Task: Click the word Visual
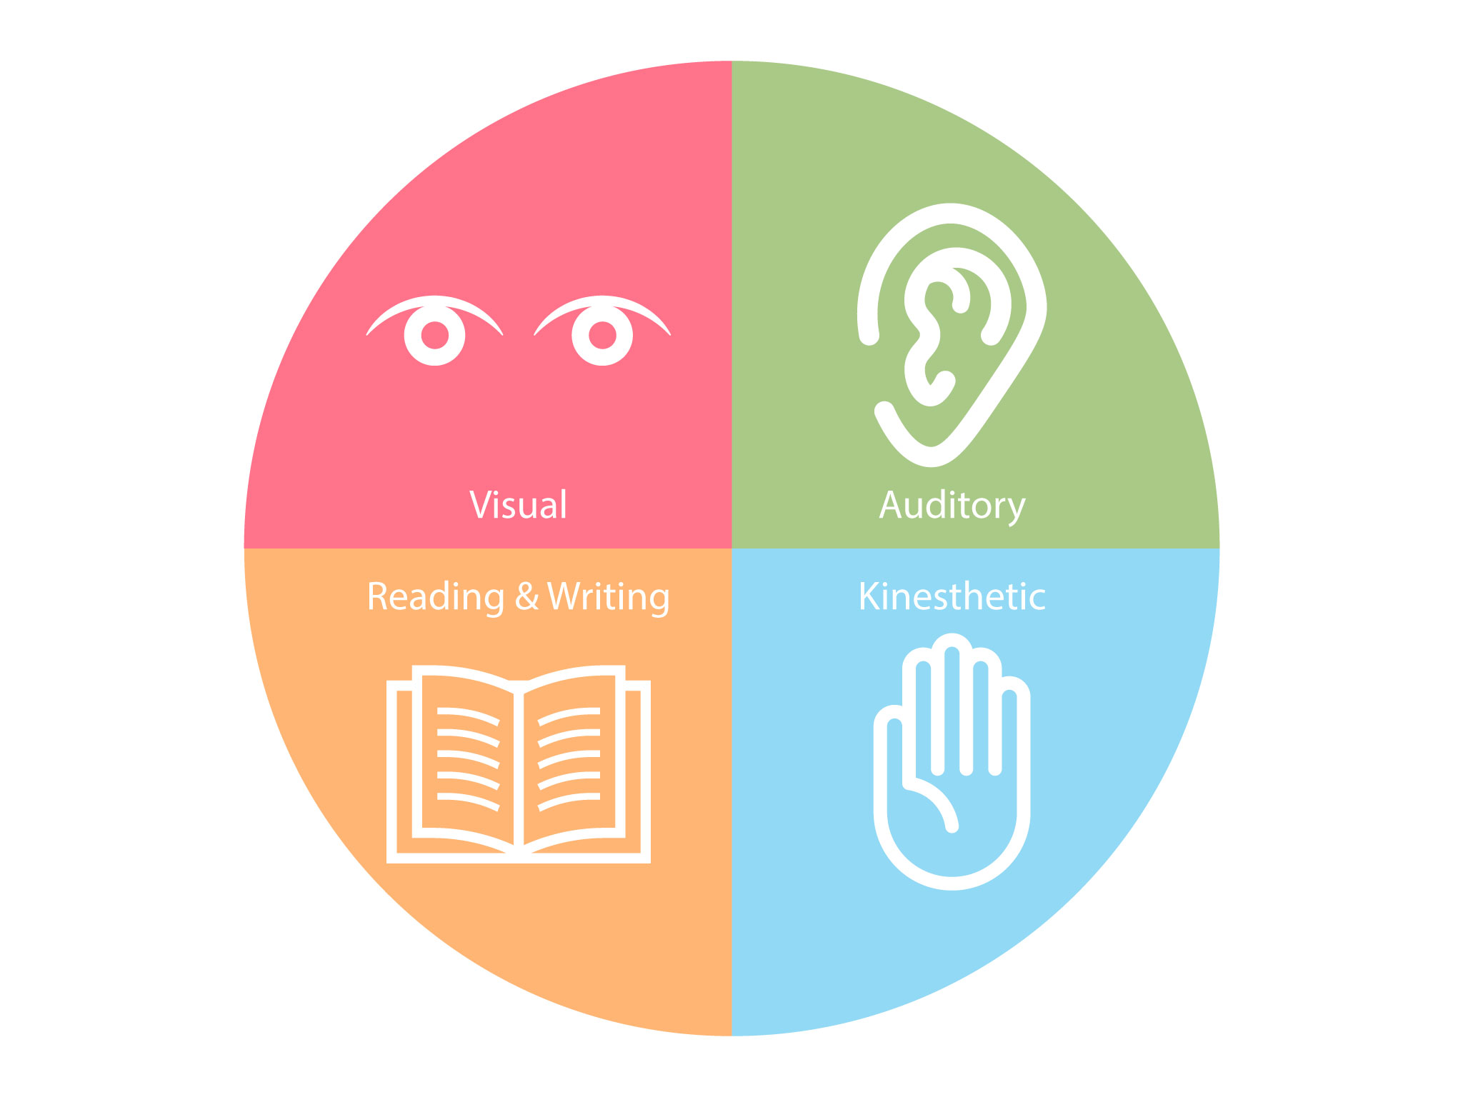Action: pos(519,505)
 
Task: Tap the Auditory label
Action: pos(952,506)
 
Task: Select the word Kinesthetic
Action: pos(952,596)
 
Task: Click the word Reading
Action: pos(436,597)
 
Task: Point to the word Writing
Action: pos(609,597)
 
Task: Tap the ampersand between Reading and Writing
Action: pos(526,596)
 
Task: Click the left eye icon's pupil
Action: pos(434,335)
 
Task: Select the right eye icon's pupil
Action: pos(602,335)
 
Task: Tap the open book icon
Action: pos(519,764)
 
